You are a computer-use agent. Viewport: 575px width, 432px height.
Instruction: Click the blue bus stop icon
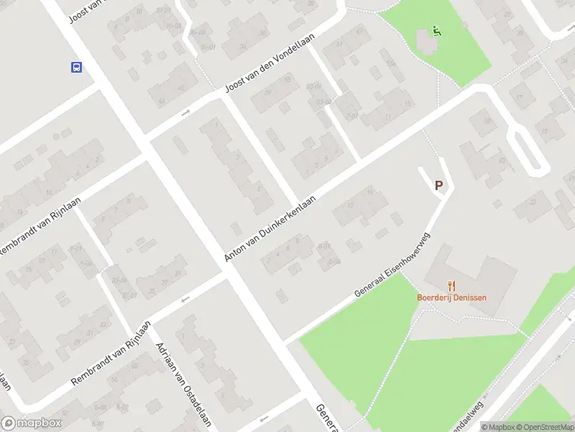(x=75, y=68)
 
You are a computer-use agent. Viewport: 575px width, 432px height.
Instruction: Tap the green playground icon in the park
(x=436, y=31)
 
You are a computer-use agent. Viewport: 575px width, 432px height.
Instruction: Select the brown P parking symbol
(x=438, y=186)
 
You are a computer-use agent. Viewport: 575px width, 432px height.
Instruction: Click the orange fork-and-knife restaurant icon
(x=451, y=286)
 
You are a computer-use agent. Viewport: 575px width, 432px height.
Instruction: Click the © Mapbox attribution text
(x=497, y=427)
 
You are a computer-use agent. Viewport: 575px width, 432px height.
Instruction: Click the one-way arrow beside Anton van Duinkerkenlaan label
(x=235, y=228)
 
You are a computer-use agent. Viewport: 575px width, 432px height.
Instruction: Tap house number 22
(x=533, y=202)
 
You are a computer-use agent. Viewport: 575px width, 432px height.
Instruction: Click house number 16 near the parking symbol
(x=369, y=191)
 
